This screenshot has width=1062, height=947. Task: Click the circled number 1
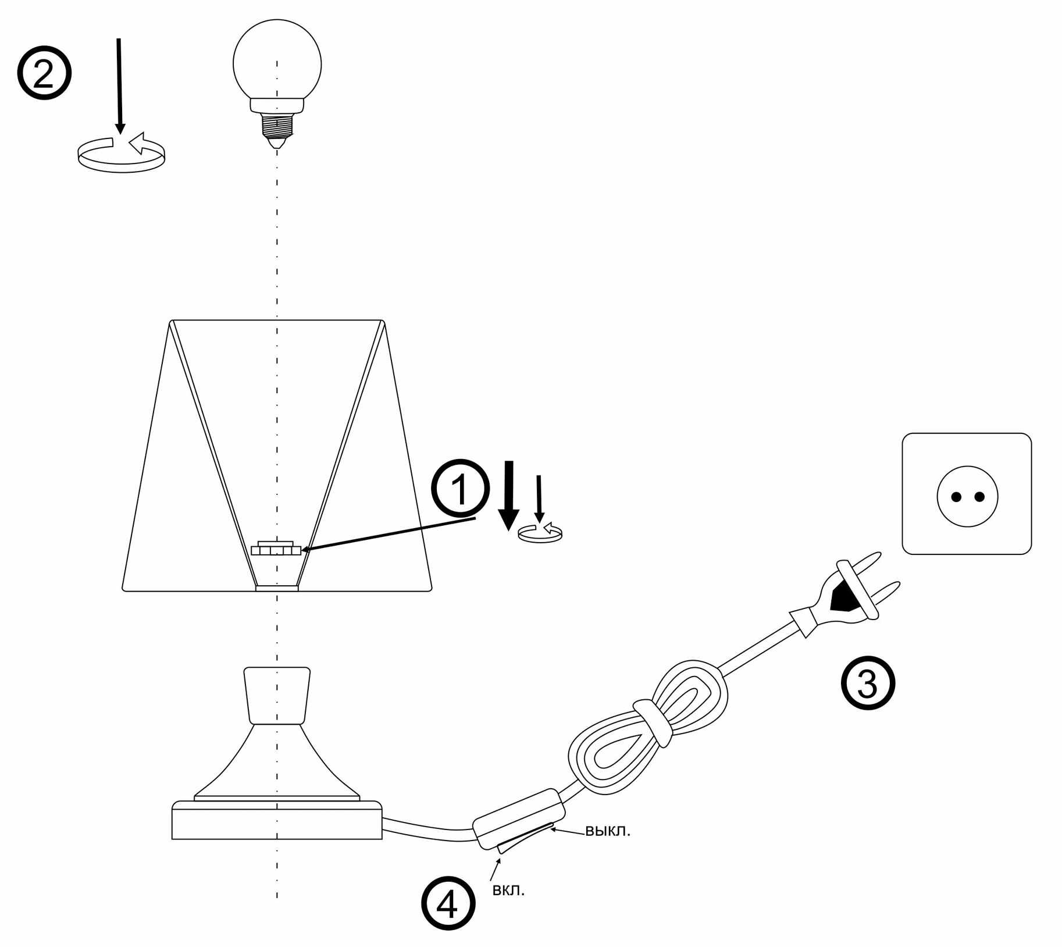pos(459,488)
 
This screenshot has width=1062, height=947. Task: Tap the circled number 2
pos(44,73)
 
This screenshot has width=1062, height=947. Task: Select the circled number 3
pos(868,683)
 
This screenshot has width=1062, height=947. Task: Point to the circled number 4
pos(448,903)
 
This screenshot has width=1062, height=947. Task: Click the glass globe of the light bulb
pos(277,61)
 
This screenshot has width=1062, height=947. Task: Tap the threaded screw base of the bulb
pos(277,123)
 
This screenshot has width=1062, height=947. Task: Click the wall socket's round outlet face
pos(967,496)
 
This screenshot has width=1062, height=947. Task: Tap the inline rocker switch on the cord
pos(519,820)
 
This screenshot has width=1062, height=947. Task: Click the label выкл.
pos(607,831)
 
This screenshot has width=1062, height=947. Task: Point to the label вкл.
pos(508,891)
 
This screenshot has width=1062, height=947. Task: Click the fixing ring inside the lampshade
pos(276,549)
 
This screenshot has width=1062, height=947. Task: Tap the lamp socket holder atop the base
pos(277,695)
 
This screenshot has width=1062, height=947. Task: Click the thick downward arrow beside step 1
pos(509,494)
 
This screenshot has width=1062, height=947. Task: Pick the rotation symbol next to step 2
pos(122,154)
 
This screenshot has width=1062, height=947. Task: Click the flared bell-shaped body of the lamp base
pos(277,762)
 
